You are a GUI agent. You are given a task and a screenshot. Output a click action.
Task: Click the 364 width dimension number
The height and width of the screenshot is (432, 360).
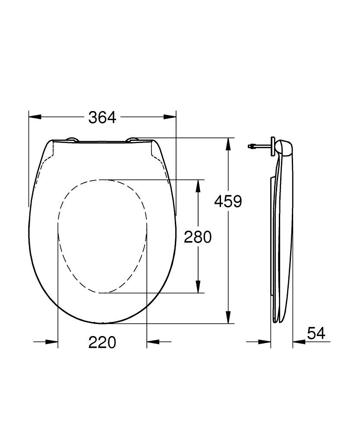click(x=102, y=117)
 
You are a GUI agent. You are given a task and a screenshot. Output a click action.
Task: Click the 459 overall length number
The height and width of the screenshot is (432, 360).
click(x=228, y=201)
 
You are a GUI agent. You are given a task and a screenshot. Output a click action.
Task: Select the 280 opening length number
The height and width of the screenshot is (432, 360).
click(x=198, y=237)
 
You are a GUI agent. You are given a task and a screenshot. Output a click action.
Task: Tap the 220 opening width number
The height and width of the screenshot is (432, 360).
click(x=102, y=343)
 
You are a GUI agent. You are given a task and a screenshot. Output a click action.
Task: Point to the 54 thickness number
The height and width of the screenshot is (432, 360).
click(x=316, y=333)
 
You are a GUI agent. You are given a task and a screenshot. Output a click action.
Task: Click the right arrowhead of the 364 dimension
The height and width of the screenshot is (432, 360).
click(x=171, y=117)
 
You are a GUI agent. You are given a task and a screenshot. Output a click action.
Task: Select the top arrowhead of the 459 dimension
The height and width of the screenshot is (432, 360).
click(x=228, y=144)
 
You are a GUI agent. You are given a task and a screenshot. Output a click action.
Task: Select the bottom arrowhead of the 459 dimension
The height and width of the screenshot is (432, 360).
click(x=228, y=318)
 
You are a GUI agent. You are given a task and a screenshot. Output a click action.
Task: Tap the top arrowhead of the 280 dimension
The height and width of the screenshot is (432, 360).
click(x=198, y=185)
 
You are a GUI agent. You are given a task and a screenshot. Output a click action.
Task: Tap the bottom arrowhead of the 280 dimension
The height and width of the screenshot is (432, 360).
click(x=198, y=287)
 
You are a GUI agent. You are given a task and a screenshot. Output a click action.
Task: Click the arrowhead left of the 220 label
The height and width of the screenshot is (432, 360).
click(x=52, y=342)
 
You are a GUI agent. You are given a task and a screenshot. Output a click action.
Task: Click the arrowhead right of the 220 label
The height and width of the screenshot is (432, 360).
click(x=153, y=342)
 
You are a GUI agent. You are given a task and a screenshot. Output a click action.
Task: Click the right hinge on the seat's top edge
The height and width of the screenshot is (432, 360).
click(x=133, y=139)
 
